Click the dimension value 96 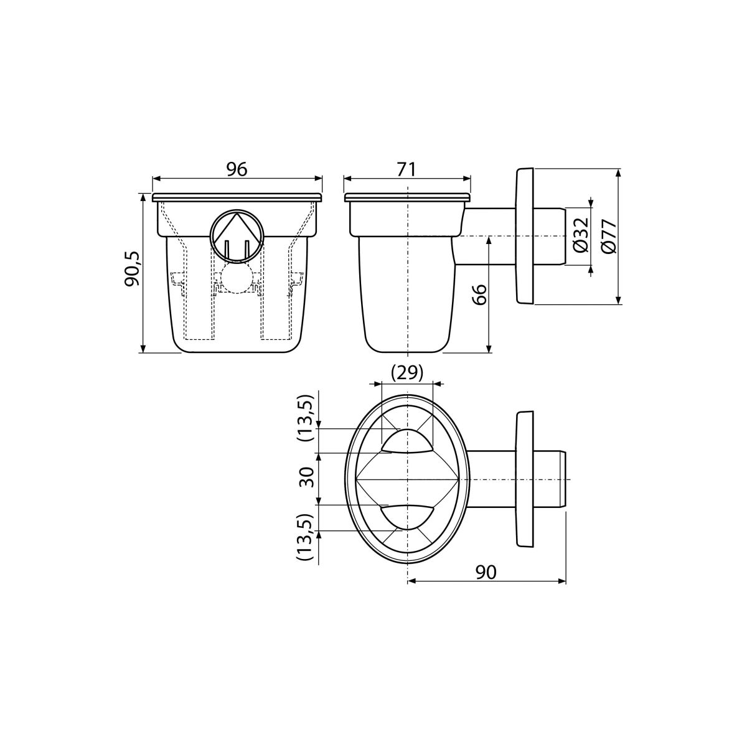pos(237,169)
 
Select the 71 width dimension pos(406,169)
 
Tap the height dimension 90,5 pos(132,268)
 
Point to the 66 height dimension pos(479,294)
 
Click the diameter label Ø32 pos(581,235)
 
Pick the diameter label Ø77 pos(609,236)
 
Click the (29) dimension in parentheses pos(406,373)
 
